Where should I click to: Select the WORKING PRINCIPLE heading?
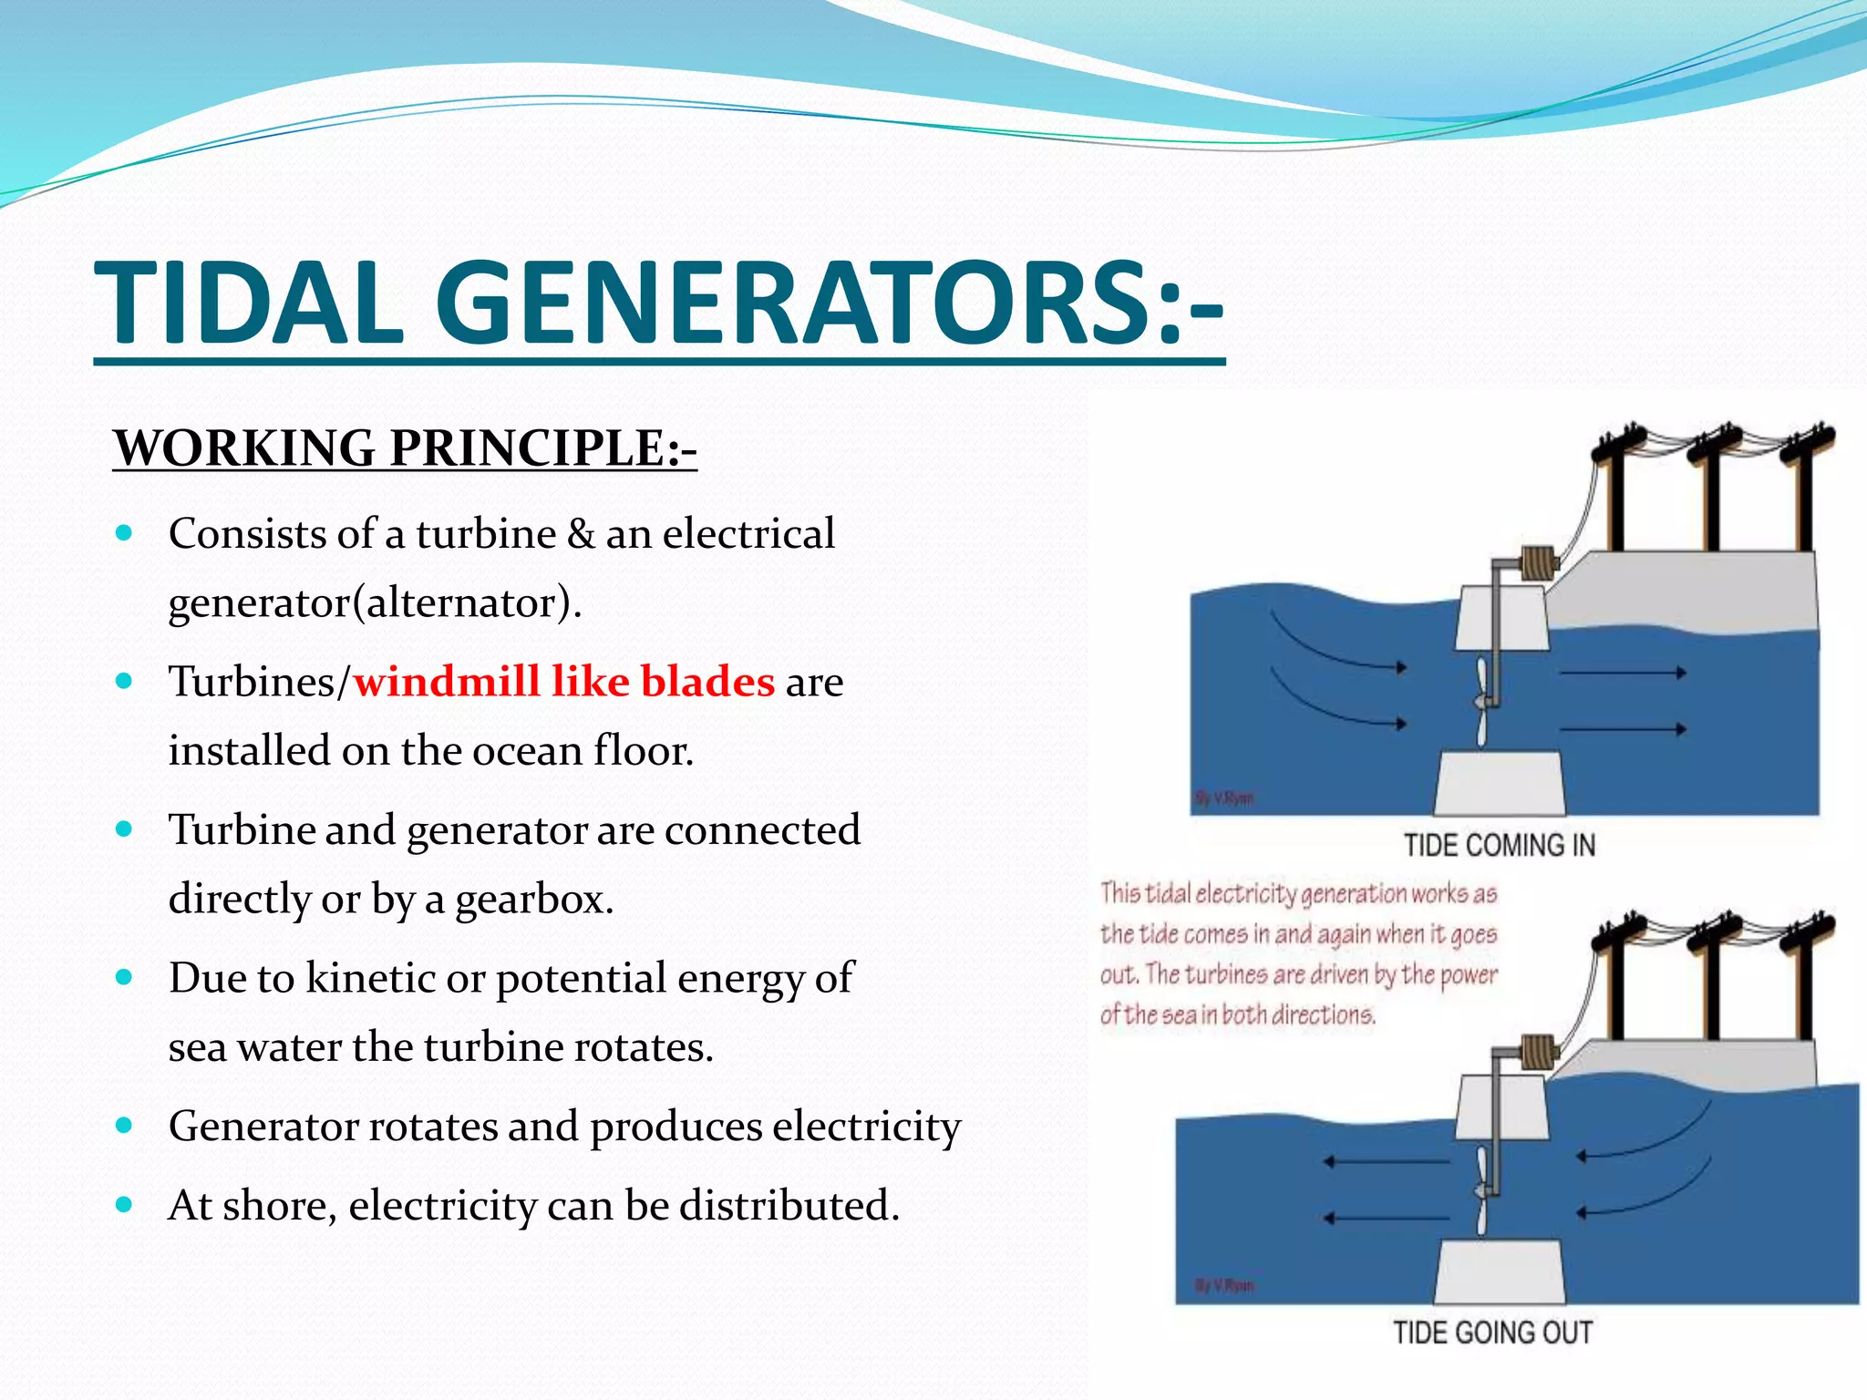point(405,448)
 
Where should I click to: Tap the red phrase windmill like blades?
point(563,681)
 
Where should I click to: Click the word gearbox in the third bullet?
point(533,900)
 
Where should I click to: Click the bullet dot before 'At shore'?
point(125,1204)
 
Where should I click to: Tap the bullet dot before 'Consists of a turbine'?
point(125,532)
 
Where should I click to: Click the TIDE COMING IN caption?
point(1499,845)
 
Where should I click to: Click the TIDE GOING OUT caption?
point(1492,1333)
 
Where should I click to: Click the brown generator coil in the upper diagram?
point(1538,562)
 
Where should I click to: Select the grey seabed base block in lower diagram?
point(1499,1272)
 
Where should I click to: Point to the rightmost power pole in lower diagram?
point(1804,984)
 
